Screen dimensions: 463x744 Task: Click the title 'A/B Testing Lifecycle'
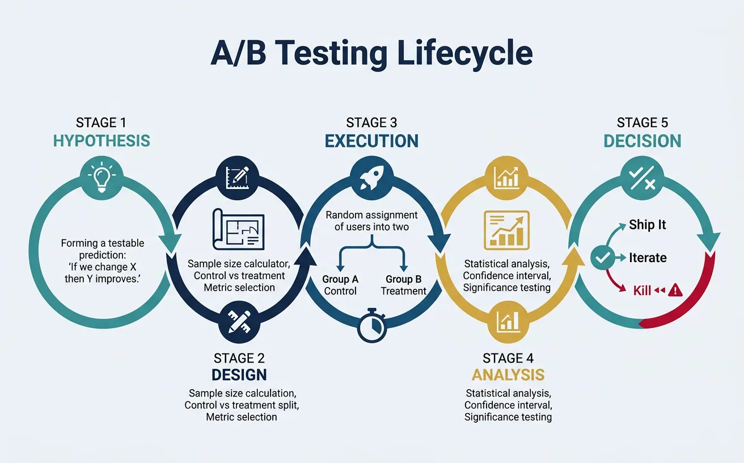371,54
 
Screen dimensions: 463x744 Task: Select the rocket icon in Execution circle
372,178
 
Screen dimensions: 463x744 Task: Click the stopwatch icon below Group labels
372,325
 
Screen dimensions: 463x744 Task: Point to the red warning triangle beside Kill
675,291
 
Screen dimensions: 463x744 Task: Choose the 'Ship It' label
647,225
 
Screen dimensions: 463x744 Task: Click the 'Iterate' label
648,258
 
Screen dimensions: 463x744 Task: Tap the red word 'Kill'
642,291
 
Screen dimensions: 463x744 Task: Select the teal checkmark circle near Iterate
602,258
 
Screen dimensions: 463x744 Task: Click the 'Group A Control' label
340,285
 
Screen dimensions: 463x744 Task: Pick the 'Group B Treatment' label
403,285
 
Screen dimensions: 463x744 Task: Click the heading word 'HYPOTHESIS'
102,141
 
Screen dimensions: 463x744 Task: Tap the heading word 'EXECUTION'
371,141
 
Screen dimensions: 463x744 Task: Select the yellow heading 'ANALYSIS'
508,375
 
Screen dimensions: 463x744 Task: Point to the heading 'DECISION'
642,141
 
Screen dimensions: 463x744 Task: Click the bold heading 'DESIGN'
239,375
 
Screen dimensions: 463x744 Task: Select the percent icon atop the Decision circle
642,178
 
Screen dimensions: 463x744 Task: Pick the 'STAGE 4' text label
508,358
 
